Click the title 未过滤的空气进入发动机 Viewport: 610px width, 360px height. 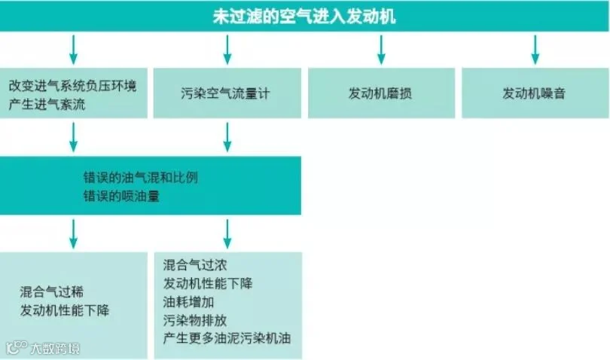click(x=304, y=16)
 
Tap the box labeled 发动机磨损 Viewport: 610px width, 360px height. click(x=380, y=94)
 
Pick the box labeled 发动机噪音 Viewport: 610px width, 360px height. click(x=534, y=94)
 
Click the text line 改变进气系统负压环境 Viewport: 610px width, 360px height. click(x=73, y=86)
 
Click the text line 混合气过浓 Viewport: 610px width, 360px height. click(x=195, y=265)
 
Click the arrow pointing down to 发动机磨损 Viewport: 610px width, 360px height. click(x=380, y=49)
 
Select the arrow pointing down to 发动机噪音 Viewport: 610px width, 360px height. click(x=534, y=49)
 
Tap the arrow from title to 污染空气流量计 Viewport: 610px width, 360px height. click(x=227, y=49)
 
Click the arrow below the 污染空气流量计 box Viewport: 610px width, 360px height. click(x=227, y=136)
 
